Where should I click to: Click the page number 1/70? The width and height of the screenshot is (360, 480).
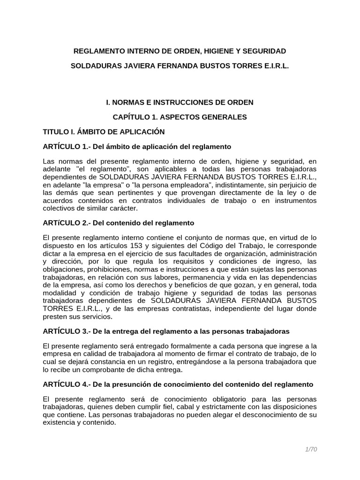click(x=310, y=450)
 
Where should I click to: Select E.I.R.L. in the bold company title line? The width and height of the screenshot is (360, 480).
click(x=274, y=67)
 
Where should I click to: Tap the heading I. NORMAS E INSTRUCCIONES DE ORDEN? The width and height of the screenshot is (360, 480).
click(x=180, y=102)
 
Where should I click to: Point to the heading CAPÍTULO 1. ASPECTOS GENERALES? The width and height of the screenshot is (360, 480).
click(x=180, y=117)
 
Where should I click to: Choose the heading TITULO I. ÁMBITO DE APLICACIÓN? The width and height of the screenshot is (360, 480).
click(x=104, y=132)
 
